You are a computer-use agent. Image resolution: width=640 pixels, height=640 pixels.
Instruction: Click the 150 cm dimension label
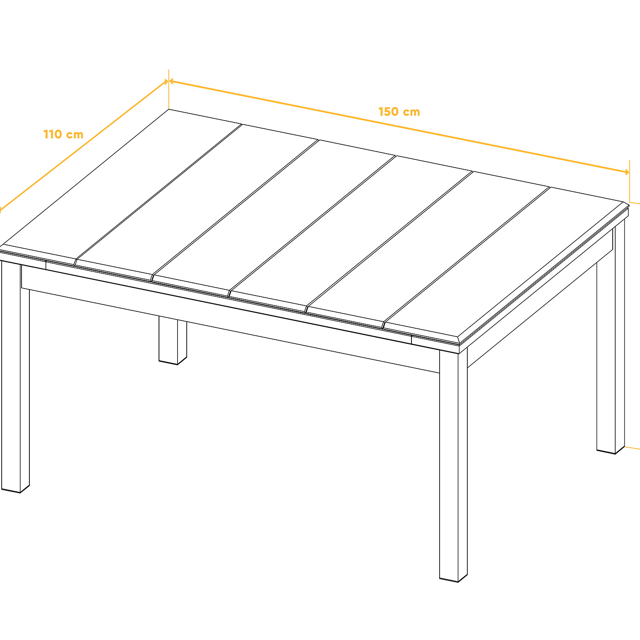[399, 112]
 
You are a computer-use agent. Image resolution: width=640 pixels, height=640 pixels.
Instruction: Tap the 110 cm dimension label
[63, 135]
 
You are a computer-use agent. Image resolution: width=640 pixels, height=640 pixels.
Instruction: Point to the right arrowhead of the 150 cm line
[626, 171]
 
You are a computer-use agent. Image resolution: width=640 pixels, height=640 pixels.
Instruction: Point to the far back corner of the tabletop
[169, 110]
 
